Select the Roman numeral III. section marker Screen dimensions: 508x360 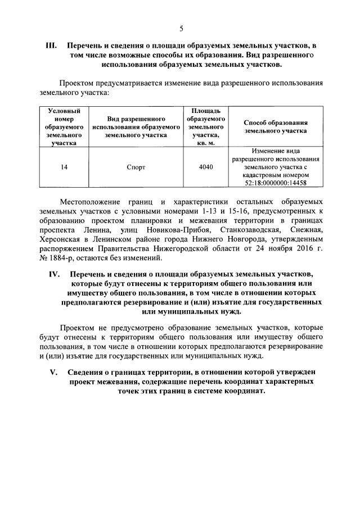pyautogui.click(x=51, y=45)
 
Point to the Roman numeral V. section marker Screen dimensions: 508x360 pyautogui.click(x=54, y=371)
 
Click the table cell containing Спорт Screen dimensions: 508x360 pyautogui.click(x=136, y=167)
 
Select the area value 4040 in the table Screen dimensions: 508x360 pyautogui.click(x=206, y=167)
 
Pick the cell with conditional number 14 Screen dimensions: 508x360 pyautogui.click(x=64, y=167)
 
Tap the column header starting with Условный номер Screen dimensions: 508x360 pyautogui.click(x=64, y=126)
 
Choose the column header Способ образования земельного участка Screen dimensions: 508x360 pyautogui.click(x=276, y=126)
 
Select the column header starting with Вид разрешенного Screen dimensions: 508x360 pyautogui.click(x=136, y=126)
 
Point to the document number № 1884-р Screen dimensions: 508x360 pyautogui.click(x=61, y=258)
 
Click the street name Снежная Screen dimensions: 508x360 pyautogui.click(x=307, y=229)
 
